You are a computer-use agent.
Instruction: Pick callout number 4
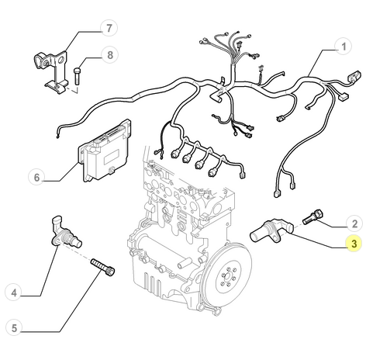click(15, 292)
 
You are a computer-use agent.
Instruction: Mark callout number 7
click(109, 29)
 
